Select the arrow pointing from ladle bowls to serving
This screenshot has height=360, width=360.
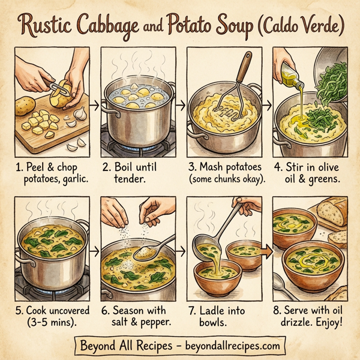(x=264, y=250)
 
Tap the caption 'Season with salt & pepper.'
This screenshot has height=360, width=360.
(x=135, y=317)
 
